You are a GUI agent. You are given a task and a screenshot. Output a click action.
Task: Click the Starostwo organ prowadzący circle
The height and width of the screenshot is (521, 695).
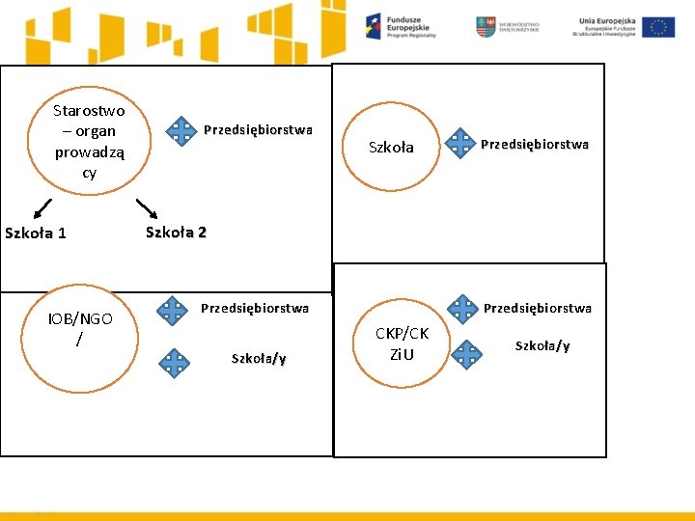[89, 142]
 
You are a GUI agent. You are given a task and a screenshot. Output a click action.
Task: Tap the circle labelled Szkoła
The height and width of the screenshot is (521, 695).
[391, 147]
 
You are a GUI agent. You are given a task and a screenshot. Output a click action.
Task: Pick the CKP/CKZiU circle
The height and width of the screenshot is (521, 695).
[402, 343]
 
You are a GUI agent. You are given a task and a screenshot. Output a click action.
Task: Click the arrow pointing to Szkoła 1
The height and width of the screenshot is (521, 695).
[41, 207]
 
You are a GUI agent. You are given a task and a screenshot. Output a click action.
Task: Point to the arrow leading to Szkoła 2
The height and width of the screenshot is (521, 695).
[146, 207]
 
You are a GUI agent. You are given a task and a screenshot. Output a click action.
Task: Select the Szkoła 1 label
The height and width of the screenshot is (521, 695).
[36, 233]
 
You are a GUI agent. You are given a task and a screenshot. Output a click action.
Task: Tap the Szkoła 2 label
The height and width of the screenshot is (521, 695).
[176, 232]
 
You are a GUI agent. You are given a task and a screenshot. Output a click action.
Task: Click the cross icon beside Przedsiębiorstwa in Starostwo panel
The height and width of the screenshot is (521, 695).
[180, 130]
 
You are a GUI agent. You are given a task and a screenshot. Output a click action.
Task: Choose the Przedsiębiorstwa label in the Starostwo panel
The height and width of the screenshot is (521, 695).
[258, 129]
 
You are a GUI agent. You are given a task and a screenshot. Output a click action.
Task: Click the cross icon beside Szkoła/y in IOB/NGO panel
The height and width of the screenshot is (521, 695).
[175, 362]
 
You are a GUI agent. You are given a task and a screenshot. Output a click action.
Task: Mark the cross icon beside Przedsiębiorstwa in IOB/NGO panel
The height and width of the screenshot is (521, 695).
[173, 310]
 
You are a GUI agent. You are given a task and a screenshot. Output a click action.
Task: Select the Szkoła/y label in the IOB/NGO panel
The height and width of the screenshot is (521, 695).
[259, 359]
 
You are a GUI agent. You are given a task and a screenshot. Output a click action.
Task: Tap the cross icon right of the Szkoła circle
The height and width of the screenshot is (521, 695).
[460, 144]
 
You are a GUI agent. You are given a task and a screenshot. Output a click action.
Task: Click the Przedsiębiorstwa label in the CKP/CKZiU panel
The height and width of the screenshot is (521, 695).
[538, 309]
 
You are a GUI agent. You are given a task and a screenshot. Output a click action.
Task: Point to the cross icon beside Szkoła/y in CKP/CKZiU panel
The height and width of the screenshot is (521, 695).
[468, 354]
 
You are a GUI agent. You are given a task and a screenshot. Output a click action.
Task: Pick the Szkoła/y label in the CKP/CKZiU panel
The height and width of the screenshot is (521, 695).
[542, 346]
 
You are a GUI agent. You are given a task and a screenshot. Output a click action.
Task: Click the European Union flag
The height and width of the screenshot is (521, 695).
[659, 27]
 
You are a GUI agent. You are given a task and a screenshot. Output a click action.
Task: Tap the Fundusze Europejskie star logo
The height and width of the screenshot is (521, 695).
[374, 26]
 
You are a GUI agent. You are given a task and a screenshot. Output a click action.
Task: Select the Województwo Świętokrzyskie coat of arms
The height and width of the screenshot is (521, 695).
[485, 27]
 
